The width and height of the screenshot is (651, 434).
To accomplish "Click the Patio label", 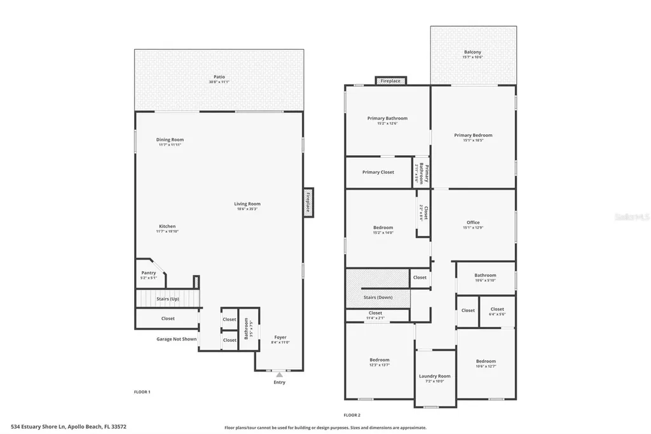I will click(x=219, y=77).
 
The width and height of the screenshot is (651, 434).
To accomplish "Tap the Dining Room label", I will click(x=170, y=140).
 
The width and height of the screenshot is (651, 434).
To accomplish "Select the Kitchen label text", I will click(x=167, y=227).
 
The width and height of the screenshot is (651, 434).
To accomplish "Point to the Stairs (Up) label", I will click(x=168, y=298).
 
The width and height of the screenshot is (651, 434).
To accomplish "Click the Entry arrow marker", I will click(x=279, y=375).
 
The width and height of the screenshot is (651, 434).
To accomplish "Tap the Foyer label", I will click(x=280, y=337).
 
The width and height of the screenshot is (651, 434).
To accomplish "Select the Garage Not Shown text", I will click(x=177, y=339).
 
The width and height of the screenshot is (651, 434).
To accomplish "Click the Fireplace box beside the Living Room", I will click(x=308, y=202).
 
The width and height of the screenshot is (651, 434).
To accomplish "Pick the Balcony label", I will click(x=472, y=52).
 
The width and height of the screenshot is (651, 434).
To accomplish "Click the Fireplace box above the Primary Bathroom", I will click(x=390, y=81).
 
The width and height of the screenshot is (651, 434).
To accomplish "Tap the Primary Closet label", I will click(x=378, y=172).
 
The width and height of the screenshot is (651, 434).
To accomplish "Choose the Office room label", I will click(x=473, y=223).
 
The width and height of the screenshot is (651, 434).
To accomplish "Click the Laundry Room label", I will click(x=435, y=376).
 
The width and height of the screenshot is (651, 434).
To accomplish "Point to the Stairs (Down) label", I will click(x=378, y=297).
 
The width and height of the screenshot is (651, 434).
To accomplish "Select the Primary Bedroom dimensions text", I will click(x=473, y=140).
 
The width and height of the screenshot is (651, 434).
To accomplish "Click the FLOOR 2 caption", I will click(x=352, y=414).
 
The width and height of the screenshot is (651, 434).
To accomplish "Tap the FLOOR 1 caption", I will click(x=142, y=392).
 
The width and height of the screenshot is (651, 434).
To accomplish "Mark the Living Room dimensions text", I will click(x=248, y=209).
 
